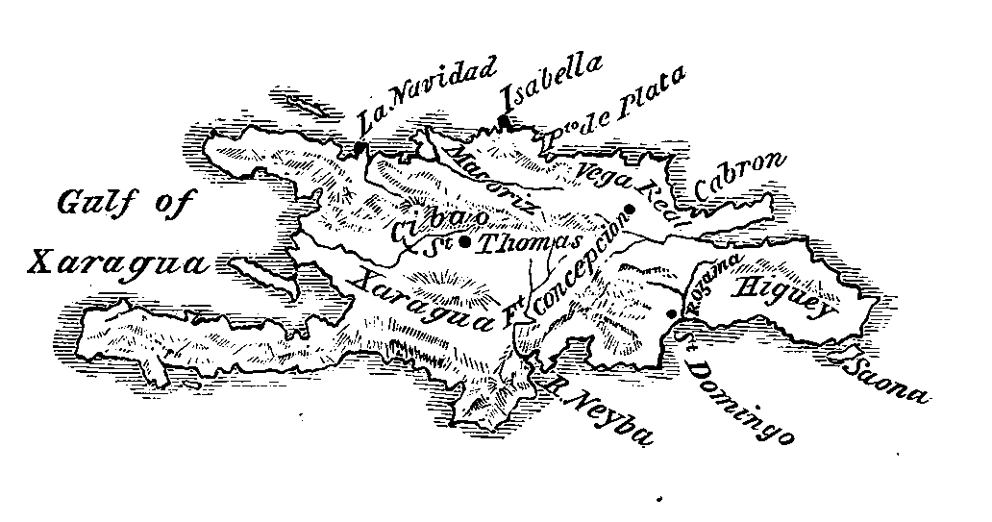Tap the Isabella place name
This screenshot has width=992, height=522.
(x=552, y=83)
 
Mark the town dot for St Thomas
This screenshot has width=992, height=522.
(x=464, y=242)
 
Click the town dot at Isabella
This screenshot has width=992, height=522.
(x=502, y=121)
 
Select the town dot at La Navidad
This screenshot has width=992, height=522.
(x=359, y=148)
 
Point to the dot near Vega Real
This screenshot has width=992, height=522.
(x=631, y=210)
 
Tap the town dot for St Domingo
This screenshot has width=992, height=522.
(x=671, y=312)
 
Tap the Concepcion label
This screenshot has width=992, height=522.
(x=575, y=270)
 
